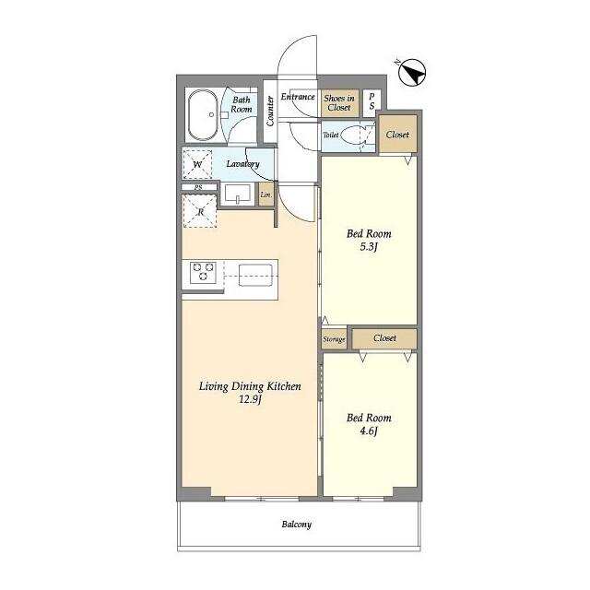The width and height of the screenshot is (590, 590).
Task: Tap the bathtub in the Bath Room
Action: coord(202,115)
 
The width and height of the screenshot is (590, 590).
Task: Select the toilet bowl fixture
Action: coord(354,136)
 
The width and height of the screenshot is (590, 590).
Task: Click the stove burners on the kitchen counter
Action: coord(203,273)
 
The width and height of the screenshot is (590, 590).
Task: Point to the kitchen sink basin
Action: coord(255,273)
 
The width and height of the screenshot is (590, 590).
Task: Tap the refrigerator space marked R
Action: coord(200,211)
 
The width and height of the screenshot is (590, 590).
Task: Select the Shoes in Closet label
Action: coord(337,102)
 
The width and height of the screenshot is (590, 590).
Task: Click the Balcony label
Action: coord(296,525)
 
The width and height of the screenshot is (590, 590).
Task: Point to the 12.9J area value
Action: coord(250,400)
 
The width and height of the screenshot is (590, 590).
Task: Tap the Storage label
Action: coord(334,339)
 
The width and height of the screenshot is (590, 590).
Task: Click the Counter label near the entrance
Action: coord(270,110)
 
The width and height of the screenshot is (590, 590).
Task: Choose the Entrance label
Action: coord(299,97)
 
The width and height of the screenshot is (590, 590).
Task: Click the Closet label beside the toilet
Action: coord(397,135)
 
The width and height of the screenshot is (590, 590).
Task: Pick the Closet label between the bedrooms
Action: coord(384,338)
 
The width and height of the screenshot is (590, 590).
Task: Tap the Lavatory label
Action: coord(243,165)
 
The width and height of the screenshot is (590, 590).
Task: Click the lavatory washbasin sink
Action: coord(238,195)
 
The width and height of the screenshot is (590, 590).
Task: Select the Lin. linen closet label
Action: coord(265,195)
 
